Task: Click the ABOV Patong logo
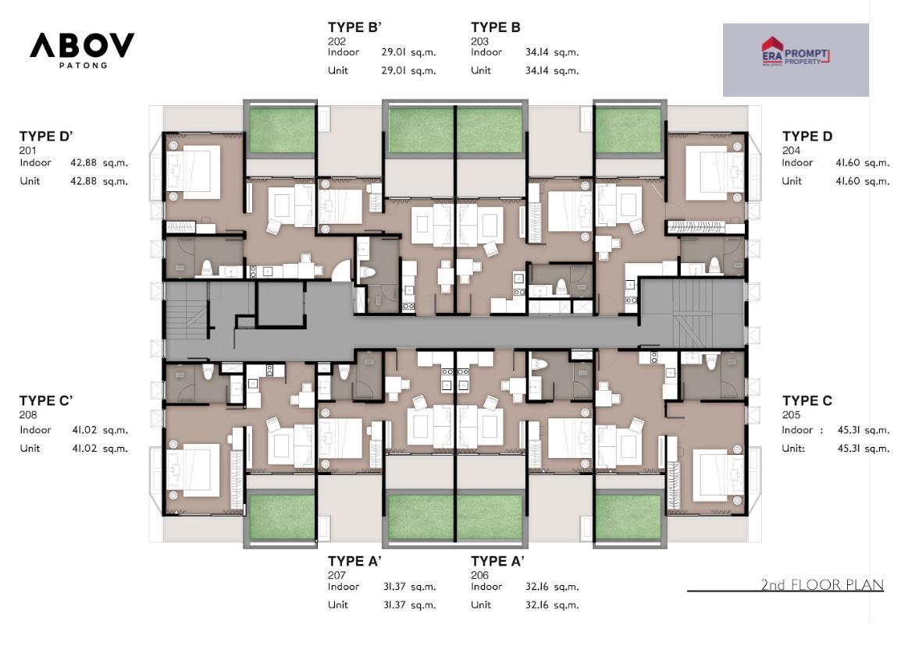[x=82, y=50]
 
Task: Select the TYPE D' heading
[x=46, y=137]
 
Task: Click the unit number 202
[x=336, y=41]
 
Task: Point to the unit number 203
[x=479, y=41]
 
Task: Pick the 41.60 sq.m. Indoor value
[x=862, y=162]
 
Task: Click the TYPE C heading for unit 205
[x=807, y=400]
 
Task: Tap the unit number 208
[x=28, y=414]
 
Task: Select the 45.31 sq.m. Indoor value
[x=863, y=430]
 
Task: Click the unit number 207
[x=336, y=575]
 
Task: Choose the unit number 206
[x=479, y=575]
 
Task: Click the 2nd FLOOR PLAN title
[x=822, y=584]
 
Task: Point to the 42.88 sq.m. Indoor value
[x=99, y=162]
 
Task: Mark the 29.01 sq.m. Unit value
[x=408, y=71]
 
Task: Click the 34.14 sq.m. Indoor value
[x=552, y=52]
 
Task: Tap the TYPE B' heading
[x=354, y=27]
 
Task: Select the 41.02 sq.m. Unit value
[x=100, y=448]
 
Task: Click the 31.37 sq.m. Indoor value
[x=409, y=587]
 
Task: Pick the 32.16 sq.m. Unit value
[x=552, y=605]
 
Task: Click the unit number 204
[x=791, y=151]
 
